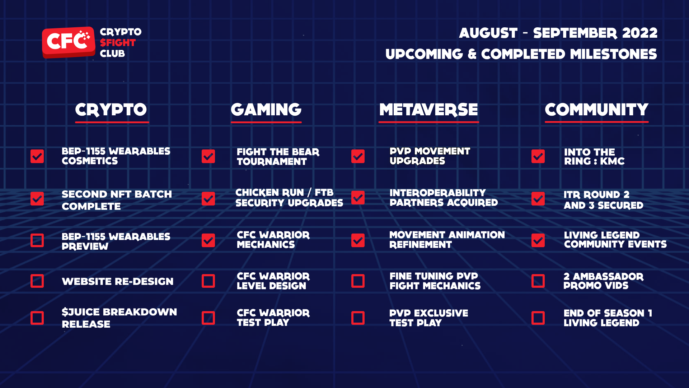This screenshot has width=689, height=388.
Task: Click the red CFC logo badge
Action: (x=69, y=42)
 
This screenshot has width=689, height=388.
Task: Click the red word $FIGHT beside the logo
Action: (x=118, y=43)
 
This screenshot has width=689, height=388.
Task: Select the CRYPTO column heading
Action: (x=111, y=110)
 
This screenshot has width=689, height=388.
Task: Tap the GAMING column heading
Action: (x=266, y=110)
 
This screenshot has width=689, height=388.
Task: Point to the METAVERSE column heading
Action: (x=428, y=110)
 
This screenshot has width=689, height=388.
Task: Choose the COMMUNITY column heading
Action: (x=596, y=110)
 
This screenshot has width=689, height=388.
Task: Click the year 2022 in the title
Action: (x=640, y=33)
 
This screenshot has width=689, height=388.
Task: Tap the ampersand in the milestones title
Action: (x=472, y=54)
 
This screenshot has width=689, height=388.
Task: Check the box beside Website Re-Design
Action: (x=37, y=281)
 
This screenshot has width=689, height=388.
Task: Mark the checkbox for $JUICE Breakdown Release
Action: (x=37, y=318)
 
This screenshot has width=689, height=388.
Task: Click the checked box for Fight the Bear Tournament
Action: (x=208, y=156)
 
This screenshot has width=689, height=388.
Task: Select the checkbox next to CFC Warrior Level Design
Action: (x=208, y=281)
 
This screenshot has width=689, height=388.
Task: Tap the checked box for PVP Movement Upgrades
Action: (x=358, y=156)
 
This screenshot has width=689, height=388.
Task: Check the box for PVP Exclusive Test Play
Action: (x=358, y=318)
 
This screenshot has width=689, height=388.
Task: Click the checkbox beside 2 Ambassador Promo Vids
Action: (x=538, y=281)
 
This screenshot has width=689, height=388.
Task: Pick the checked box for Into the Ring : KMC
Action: (x=538, y=156)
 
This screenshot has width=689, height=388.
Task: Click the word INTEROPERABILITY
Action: (x=438, y=193)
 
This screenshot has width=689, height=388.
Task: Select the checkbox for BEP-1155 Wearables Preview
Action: (x=37, y=240)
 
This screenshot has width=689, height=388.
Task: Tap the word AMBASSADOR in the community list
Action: (x=608, y=277)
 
